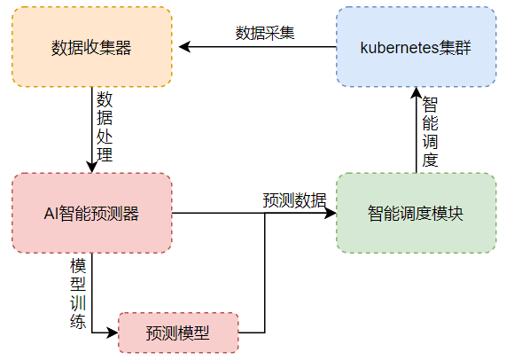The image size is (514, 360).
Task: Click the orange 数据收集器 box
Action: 92,47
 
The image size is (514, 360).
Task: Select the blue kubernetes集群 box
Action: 416,47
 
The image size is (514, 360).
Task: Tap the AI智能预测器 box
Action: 92,213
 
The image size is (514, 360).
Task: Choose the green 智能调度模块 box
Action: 416,213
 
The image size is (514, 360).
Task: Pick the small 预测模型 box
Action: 178,333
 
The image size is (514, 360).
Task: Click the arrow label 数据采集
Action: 265,33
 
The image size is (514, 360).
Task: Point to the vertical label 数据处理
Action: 105,127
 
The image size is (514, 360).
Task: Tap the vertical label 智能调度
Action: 430,132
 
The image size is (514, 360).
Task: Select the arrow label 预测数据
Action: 294,200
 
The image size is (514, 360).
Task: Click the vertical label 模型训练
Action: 78,293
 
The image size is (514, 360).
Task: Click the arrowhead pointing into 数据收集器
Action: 184,47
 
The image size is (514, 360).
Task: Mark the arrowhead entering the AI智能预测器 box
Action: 92,167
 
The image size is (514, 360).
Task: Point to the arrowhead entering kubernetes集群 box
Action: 416,93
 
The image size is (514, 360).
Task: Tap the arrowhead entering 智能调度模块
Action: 330,213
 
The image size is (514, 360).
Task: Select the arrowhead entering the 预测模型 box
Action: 113,333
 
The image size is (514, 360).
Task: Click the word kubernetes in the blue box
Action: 400,48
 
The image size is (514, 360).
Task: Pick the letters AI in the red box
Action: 51,214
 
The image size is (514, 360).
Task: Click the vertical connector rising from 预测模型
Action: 265,273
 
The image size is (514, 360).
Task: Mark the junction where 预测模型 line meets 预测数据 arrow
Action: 265,213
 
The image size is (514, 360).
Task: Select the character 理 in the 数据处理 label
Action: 105,154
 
